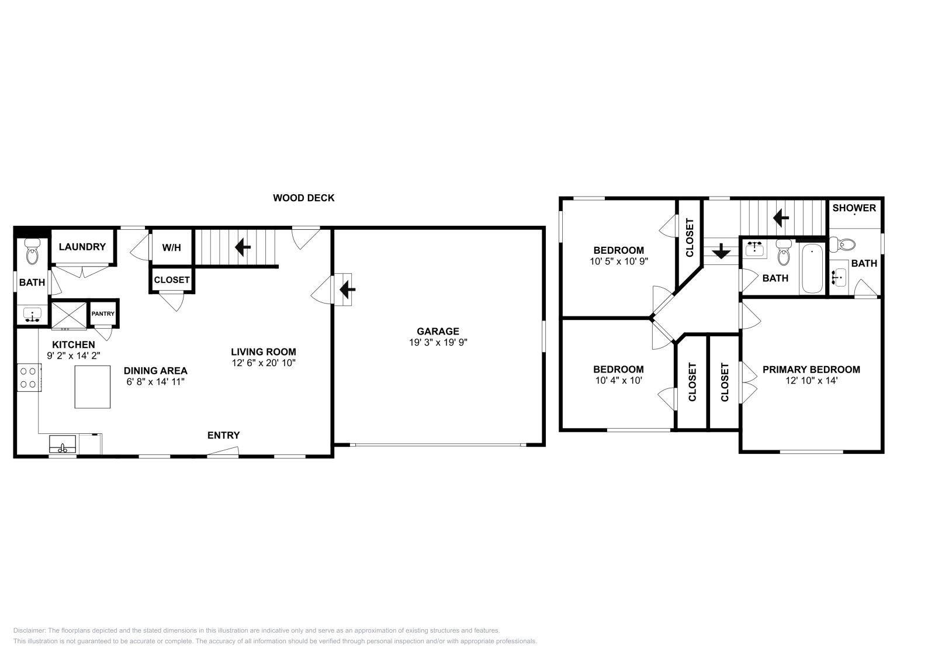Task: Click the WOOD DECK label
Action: [x=303, y=198]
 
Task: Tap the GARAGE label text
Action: [x=438, y=332]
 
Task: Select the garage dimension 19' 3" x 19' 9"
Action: [x=438, y=343]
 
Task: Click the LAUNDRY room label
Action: [x=82, y=247]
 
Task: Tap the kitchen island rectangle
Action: [x=92, y=387]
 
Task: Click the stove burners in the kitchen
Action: [x=28, y=377]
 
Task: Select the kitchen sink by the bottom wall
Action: [x=63, y=443]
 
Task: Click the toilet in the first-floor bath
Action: [x=32, y=253]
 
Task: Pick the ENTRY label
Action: [x=223, y=435]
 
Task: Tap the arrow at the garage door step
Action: [x=348, y=288]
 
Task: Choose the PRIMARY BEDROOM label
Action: [x=811, y=370]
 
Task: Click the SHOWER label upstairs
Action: [x=854, y=208]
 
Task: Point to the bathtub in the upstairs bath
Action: [x=812, y=269]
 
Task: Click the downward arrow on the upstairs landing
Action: [x=721, y=251]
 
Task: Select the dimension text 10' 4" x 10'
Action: [x=618, y=380]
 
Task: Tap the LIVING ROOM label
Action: [x=263, y=352]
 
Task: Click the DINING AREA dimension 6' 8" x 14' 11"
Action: [x=155, y=381]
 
